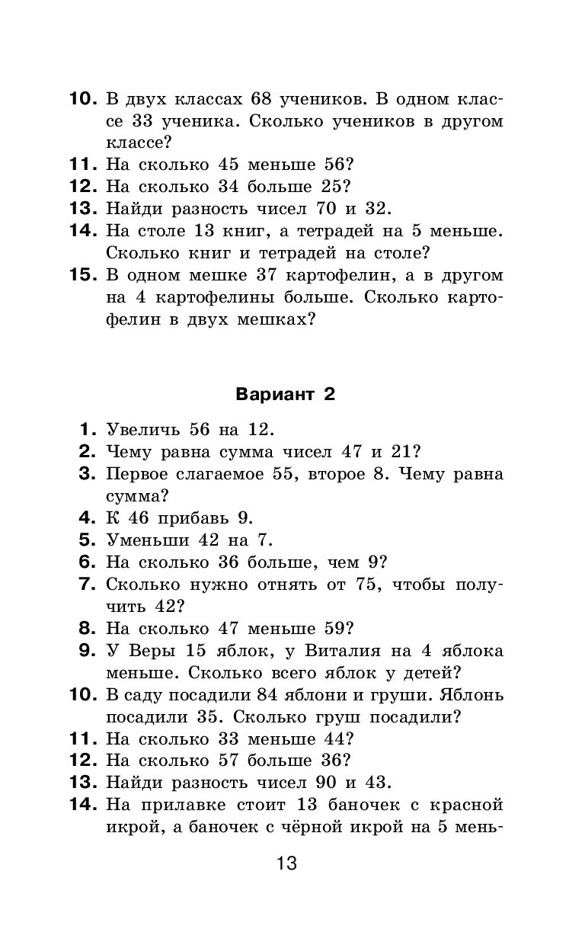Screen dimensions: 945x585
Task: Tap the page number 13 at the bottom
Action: coord(286,863)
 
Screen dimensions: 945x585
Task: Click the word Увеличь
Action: coord(145,429)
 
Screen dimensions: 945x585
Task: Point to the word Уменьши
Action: coord(145,540)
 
